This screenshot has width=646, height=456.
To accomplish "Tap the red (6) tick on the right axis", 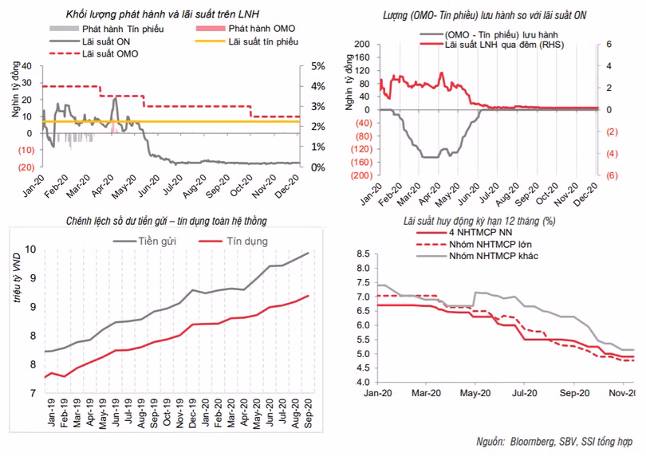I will tap(607, 175).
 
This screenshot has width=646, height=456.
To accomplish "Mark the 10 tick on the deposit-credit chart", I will tap(30, 250).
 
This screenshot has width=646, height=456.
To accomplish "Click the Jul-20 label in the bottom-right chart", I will tap(523, 393).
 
